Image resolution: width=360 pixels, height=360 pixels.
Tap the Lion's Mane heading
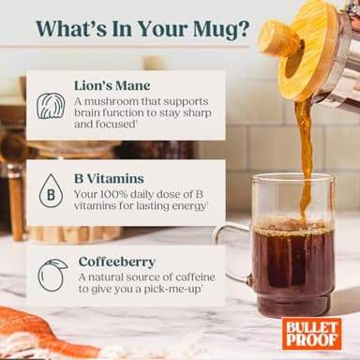[112, 85]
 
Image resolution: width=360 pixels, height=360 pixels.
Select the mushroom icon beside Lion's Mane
[51, 105]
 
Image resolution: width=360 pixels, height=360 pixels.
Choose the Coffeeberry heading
[115, 261]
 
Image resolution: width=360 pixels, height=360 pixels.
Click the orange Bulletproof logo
[312, 333]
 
